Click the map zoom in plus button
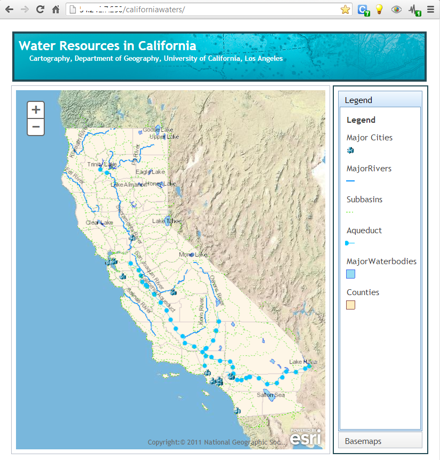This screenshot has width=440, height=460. point(36,110)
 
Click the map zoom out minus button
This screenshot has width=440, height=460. point(36,127)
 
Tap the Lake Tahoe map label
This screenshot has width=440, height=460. point(166,221)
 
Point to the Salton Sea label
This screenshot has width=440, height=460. point(270,395)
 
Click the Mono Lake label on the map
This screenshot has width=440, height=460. point(193,255)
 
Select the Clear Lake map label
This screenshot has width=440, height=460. point(100,223)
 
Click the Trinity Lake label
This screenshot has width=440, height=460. point(102,164)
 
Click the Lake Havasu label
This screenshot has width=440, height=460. point(303,362)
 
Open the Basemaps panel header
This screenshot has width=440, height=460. point(380,441)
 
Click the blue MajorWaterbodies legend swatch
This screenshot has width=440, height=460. point(350,274)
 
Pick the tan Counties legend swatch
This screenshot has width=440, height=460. point(350,305)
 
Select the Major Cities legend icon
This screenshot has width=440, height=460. point(350,150)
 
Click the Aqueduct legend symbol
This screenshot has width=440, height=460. point(350,243)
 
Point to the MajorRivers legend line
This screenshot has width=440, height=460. point(350,181)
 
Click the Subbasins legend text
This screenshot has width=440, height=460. point(364,200)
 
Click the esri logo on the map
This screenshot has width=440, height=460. point(306,437)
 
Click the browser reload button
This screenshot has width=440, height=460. point(40,9)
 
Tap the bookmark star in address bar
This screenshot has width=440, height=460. point(345,9)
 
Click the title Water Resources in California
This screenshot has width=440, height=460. point(107,46)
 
